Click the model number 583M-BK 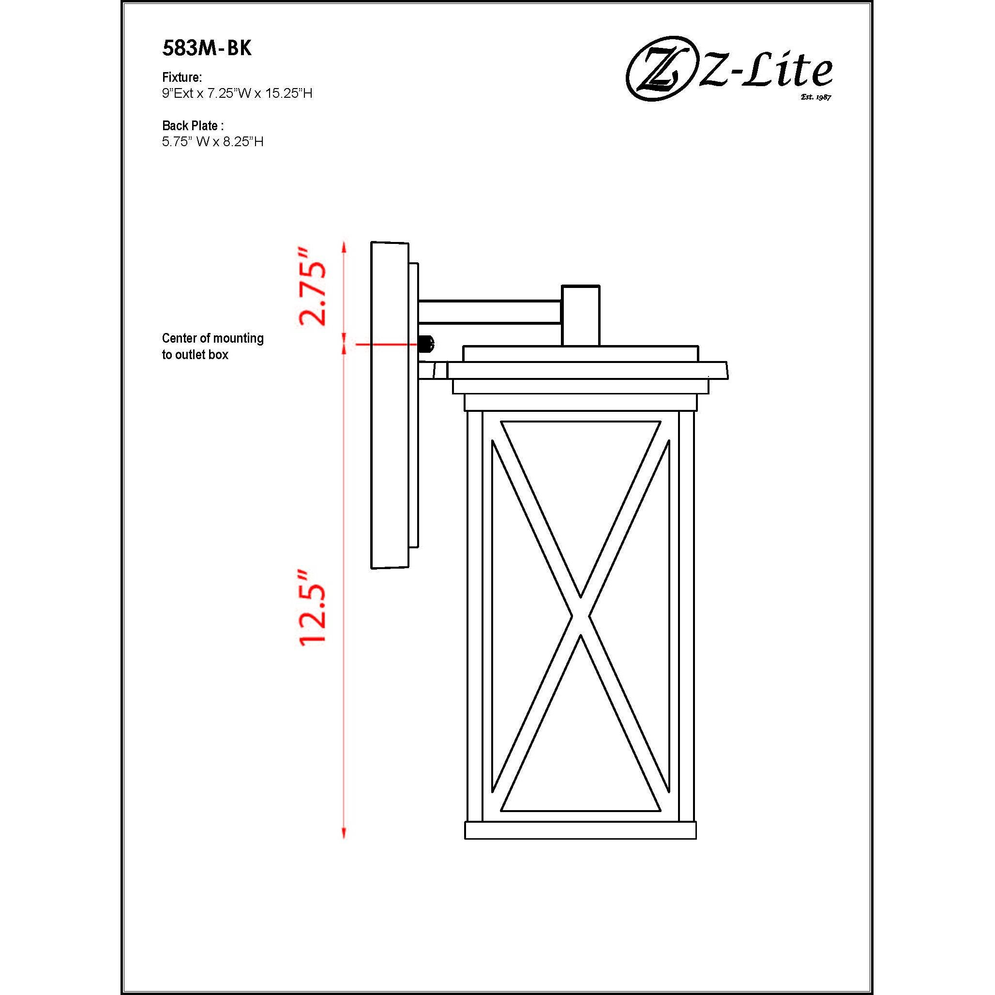click(207, 48)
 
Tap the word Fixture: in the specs click(182, 77)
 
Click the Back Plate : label click(193, 125)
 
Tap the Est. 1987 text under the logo click(816, 97)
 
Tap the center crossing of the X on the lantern click(581, 617)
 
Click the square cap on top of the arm click(580, 315)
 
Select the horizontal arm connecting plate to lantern click(489, 312)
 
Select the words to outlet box click(195, 355)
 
